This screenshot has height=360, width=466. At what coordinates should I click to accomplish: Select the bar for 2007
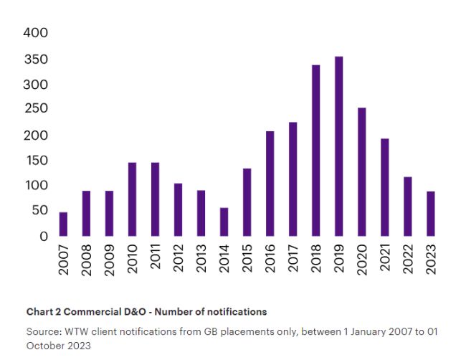coord(63,224)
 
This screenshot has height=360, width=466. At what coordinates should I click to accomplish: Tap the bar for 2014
coord(224,222)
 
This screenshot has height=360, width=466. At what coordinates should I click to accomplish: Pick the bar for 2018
coord(315,150)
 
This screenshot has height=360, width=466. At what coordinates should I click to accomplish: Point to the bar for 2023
coord(430,213)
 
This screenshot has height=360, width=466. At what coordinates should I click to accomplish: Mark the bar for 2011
coord(155,199)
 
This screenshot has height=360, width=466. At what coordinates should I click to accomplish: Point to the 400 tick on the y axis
coord(35,33)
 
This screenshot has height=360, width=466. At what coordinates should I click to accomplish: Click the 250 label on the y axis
coord(35,108)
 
